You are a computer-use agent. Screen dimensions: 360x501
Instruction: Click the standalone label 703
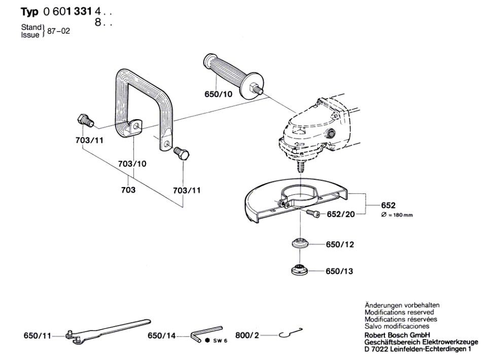pyautogui.click(x=128, y=190)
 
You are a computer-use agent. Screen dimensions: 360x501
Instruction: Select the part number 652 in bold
pyautogui.click(x=388, y=206)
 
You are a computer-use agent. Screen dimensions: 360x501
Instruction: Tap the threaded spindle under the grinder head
pyautogui.click(x=301, y=165)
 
